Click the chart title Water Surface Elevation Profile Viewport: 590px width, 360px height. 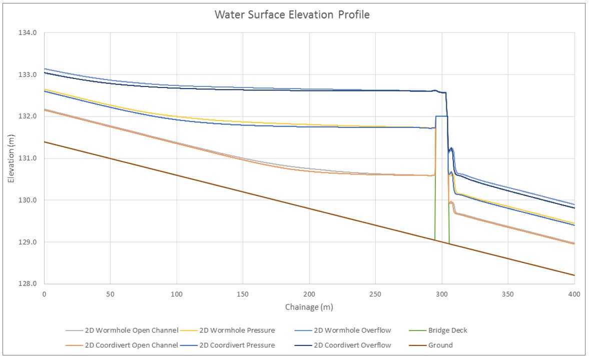tap(292, 14)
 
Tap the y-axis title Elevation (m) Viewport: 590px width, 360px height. tap(11, 158)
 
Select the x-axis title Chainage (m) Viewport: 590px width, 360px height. tap(309, 306)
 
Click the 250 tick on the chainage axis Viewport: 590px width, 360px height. tap(375, 294)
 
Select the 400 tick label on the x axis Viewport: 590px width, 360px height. tap(574, 294)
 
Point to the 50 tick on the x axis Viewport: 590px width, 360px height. tap(110, 294)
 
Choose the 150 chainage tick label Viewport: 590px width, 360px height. tap(243, 294)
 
